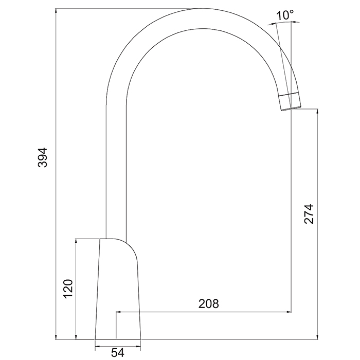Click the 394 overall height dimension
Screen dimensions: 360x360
coord(43,157)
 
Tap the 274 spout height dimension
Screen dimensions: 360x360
coord(309,214)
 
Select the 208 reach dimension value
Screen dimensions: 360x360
coord(208,303)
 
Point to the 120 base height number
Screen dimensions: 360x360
coord(68,289)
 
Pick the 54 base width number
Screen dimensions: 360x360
coord(118,352)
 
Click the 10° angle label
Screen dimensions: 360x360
coord(285,15)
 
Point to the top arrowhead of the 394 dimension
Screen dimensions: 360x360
coord(56,11)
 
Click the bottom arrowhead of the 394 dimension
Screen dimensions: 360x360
coord(56,336)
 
